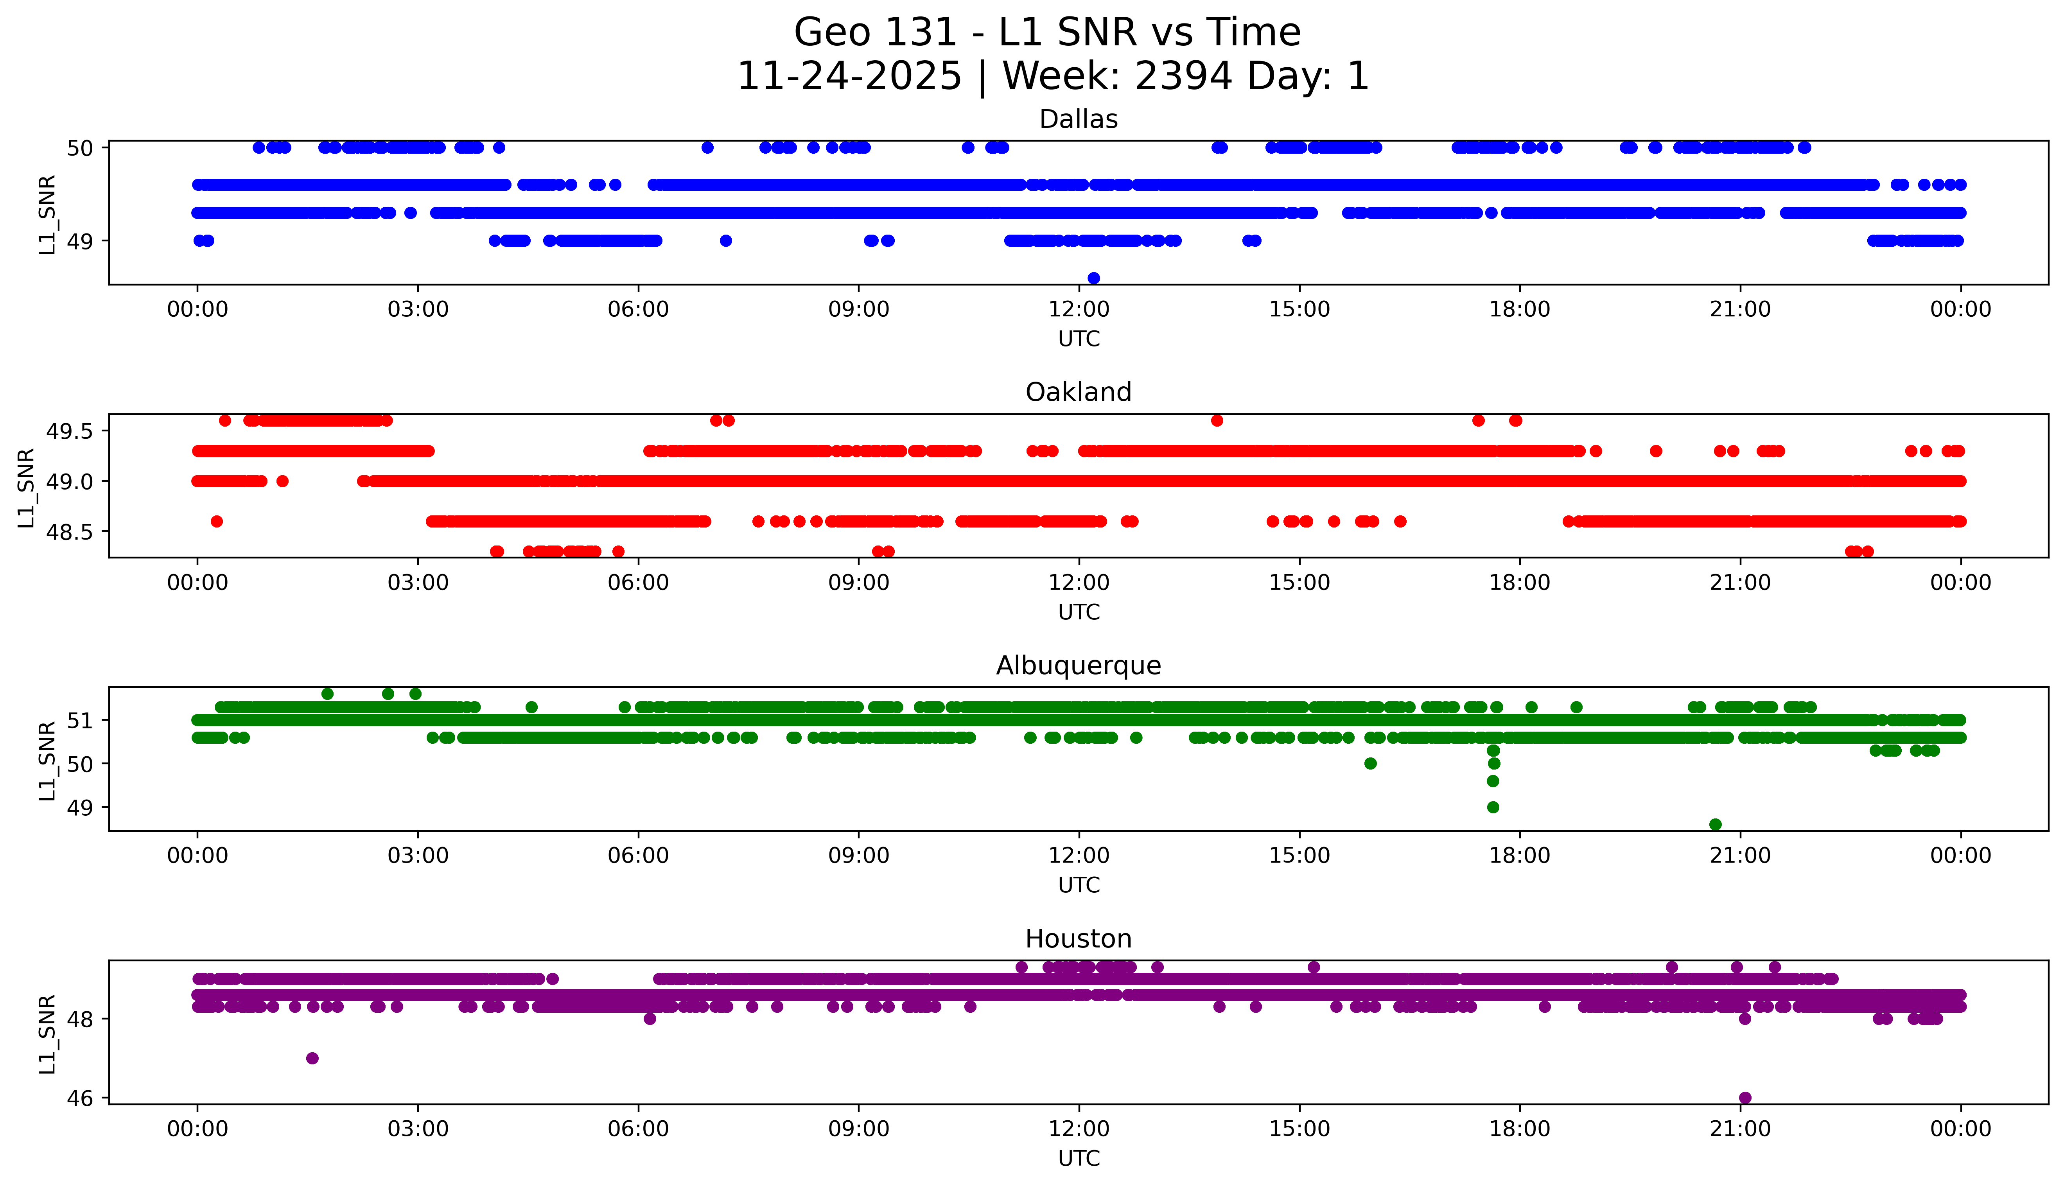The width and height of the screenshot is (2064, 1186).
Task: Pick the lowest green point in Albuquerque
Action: (1714, 824)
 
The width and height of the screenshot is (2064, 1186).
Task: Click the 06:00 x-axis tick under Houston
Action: (638, 1129)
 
